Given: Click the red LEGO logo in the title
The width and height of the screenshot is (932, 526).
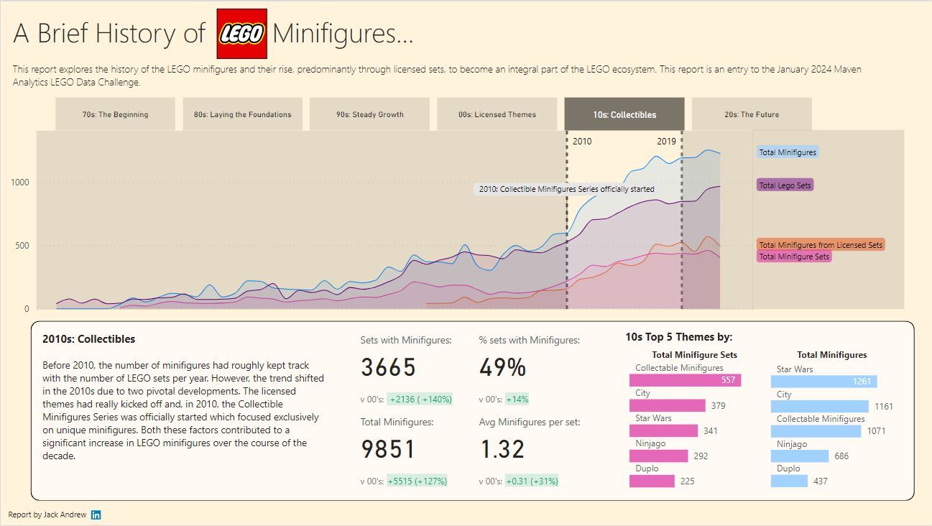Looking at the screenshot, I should [x=242, y=34].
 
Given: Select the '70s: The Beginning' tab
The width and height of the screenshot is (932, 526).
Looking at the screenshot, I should [x=115, y=114].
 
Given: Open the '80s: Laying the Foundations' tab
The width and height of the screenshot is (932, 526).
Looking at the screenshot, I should [x=242, y=114].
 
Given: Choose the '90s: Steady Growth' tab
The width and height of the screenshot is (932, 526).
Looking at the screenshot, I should [x=369, y=114].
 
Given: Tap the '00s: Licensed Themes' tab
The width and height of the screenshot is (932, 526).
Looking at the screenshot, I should [x=497, y=114].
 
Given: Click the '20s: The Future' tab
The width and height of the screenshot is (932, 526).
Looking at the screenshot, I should [x=751, y=114].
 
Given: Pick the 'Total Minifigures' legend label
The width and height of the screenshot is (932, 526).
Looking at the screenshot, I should [x=788, y=152].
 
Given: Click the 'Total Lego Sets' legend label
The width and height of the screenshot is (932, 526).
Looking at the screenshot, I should [x=785, y=185].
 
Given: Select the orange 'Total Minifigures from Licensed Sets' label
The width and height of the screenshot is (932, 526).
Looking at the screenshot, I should [x=821, y=245].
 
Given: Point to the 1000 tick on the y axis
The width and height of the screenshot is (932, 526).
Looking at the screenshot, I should [x=19, y=183].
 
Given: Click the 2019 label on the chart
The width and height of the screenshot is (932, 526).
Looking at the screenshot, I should [x=666, y=142].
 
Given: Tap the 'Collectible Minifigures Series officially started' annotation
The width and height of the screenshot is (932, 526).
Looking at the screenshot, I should [x=567, y=190].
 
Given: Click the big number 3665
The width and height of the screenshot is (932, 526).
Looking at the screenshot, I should [x=388, y=368].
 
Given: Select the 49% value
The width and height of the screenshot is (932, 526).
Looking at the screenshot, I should [x=502, y=368].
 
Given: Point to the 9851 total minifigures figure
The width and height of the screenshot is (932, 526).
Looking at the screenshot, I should [x=388, y=450].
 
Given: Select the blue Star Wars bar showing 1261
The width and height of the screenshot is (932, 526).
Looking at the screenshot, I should [x=823, y=382].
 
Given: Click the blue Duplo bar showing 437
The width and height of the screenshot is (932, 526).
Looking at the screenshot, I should [x=789, y=481].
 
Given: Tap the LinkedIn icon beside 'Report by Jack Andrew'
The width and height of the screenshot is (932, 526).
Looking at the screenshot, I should [x=96, y=515].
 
